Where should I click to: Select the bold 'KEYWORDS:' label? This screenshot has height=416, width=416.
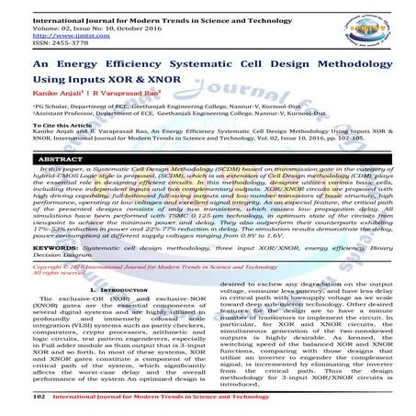click(x=37, y=247)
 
